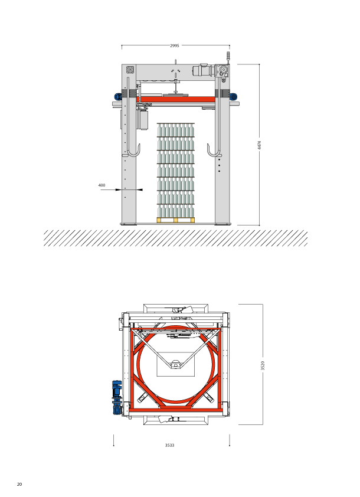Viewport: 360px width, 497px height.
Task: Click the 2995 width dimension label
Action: point(174,45)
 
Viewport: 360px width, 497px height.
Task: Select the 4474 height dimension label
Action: point(259,145)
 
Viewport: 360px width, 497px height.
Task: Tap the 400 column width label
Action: point(102,185)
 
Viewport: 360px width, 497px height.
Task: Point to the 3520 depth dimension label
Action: point(263,365)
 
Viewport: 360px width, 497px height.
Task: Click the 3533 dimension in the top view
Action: point(169,445)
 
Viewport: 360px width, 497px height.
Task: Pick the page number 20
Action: point(19,484)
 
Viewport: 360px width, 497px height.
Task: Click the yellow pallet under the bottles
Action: point(176,220)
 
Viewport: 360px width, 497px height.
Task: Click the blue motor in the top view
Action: point(117,397)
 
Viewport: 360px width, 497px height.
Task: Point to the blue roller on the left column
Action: point(118,96)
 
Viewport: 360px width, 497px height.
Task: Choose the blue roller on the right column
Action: point(234,96)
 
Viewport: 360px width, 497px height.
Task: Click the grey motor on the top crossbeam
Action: point(203,70)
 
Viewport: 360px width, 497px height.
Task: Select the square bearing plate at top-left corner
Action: point(130,70)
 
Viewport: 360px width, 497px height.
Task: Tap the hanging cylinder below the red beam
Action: point(143,119)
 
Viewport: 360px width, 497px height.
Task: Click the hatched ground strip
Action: point(175,238)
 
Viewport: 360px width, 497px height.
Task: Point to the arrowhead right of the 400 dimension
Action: point(140,190)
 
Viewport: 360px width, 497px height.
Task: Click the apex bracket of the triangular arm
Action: point(175,365)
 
